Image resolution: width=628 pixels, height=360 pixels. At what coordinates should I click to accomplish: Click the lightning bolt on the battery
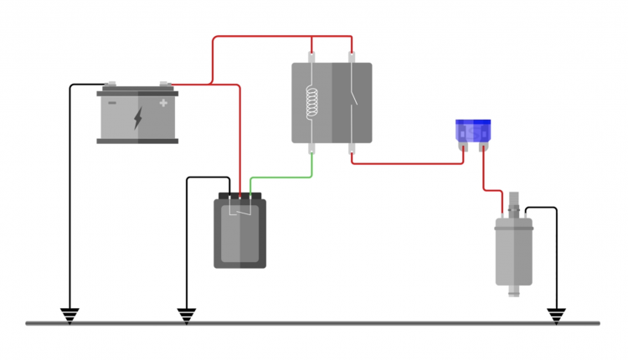(x=138, y=118)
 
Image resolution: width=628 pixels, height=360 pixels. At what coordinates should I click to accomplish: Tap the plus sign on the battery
(x=163, y=104)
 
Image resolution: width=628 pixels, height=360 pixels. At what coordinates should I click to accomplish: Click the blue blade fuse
(x=472, y=131)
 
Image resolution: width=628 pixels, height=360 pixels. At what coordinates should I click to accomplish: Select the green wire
(x=285, y=177)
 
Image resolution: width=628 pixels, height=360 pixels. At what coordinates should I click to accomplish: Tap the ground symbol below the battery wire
(x=70, y=315)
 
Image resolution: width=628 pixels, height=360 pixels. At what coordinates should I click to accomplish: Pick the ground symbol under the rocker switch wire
(x=186, y=315)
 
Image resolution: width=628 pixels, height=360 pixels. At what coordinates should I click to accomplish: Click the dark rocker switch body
(x=239, y=234)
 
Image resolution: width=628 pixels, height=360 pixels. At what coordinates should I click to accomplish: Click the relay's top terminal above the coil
(x=312, y=59)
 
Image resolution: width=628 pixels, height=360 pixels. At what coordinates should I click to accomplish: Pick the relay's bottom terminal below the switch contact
(x=353, y=149)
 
